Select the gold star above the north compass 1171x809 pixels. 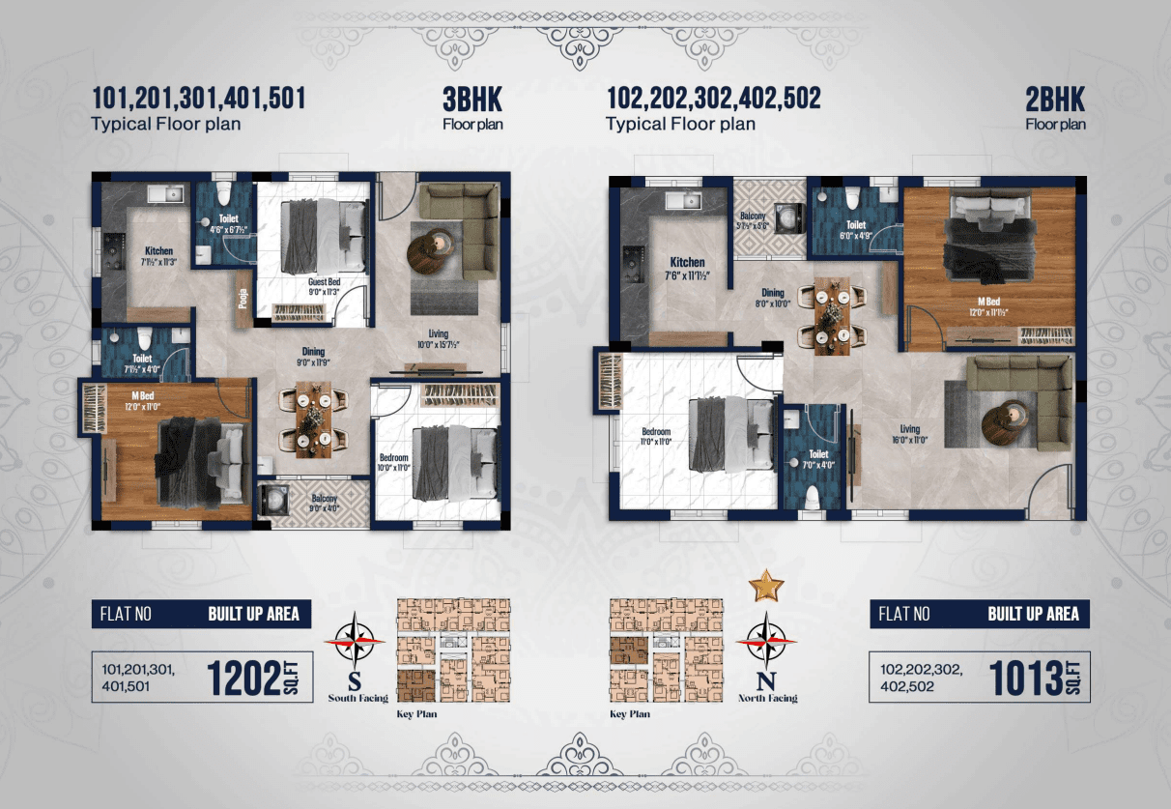pyautogui.click(x=767, y=585)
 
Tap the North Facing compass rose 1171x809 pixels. pyautogui.click(x=766, y=640)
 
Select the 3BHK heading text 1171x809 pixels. pyautogui.click(x=472, y=99)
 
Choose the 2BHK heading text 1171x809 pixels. pyautogui.click(x=1055, y=99)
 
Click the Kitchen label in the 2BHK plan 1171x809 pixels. pyautogui.click(x=687, y=262)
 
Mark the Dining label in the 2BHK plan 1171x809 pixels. pyautogui.click(x=772, y=293)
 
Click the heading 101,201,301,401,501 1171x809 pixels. pyautogui.click(x=198, y=99)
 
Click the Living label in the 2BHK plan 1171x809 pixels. pyautogui.click(x=908, y=429)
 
